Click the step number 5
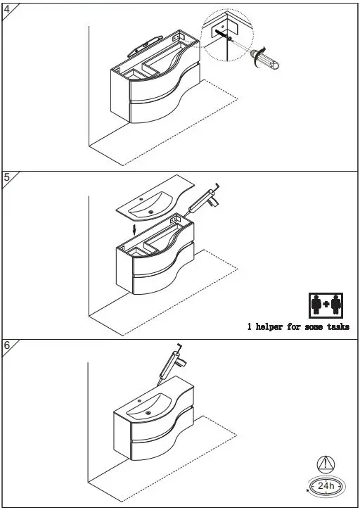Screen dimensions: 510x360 pyautogui.click(x=6, y=177)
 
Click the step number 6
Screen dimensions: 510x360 pyautogui.click(x=6, y=345)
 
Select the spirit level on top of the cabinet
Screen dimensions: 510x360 pyautogui.click(x=144, y=45)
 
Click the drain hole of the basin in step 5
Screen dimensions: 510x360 pyautogui.click(x=150, y=210)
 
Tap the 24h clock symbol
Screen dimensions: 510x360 pyautogui.click(x=326, y=485)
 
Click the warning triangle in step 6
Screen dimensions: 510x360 pyautogui.click(x=326, y=464)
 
